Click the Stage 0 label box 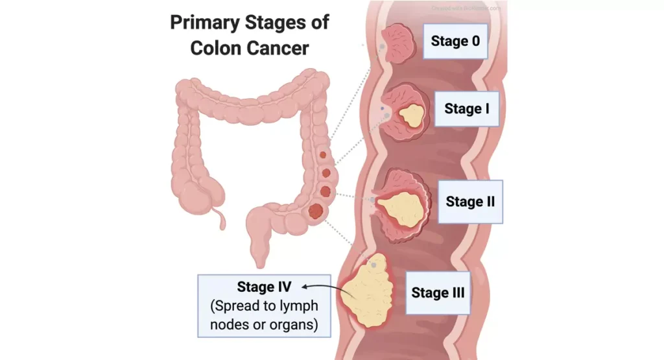pyautogui.click(x=455, y=42)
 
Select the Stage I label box pyautogui.click(x=467, y=108)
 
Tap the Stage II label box pyautogui.click(x=470, y=201)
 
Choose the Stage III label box pyautogui.click(x=438, y=293)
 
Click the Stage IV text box pyautogui.click(x=264, y=305)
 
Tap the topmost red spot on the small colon pyautogui.click(x=323, y=156)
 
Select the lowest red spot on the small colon pyautogui.click(x=317, y=211)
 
